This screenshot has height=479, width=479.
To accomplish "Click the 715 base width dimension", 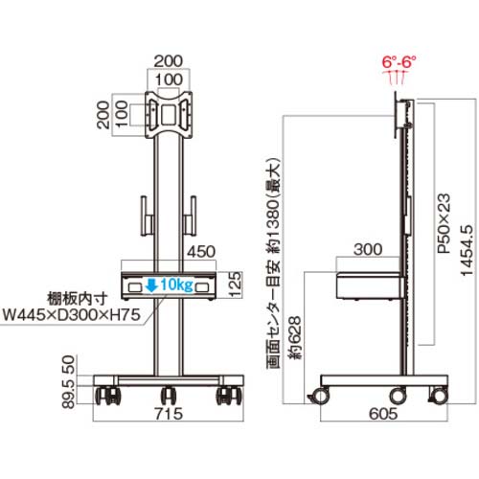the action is tap(169, 414).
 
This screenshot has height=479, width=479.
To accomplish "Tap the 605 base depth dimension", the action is tap(383, 414).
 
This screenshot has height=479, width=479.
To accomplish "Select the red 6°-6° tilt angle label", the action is tap(399, 61).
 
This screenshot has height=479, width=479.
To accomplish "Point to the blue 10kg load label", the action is tap(176, 284).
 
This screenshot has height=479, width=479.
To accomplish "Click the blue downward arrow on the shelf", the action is tap(151, 285).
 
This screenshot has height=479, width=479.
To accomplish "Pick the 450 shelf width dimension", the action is tap(201, 252).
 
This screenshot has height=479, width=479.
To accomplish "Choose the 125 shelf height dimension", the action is tap(236, 285).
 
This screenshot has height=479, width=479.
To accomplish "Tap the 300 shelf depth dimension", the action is tap(368, 249).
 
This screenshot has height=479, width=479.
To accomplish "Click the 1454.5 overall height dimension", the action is tap(467, 250).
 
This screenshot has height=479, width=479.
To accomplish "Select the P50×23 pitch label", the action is tap(445, 223).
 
